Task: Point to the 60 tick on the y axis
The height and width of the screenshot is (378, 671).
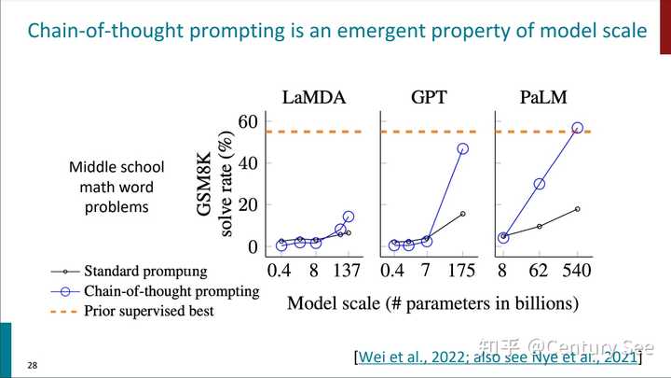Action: [247, 121]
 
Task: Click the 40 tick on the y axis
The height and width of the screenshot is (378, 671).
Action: [247, 162]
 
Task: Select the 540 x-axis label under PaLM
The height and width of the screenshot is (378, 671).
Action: [578, 273]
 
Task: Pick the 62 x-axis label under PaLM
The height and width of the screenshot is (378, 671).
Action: [540, 273]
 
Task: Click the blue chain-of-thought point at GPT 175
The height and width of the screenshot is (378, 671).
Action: [463, 148]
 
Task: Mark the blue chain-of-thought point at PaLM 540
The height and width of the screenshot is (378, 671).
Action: [578, 128]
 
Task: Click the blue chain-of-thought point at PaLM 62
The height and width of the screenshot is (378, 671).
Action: [540, 184]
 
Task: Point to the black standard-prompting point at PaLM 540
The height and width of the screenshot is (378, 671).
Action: [578, 209]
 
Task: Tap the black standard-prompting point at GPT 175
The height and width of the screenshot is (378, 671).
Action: [463, 214]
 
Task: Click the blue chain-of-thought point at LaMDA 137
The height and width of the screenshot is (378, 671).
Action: [349, 217]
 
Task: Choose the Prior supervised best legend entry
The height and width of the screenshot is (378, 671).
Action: [148, 310]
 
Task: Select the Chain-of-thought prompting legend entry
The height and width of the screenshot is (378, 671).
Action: [171, 291]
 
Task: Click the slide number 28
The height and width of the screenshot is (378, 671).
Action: [33, 363]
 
